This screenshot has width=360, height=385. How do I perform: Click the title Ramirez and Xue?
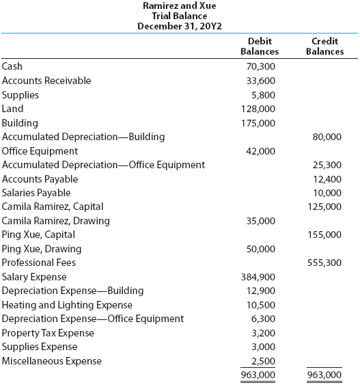click(x=180, y=5)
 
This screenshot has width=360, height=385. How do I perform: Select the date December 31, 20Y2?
click(x=180, y=26)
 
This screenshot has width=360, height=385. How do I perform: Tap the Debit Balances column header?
click(x=260, y=47)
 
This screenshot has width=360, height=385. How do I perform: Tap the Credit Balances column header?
click(x=325, y=47)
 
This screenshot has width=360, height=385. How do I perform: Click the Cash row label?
click(x=12, y=66)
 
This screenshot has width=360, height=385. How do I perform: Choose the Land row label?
click(x=13, y=109)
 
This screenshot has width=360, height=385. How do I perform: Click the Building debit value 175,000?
click(x=260, y=123)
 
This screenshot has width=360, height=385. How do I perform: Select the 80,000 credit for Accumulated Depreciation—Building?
click(x=327, y=137)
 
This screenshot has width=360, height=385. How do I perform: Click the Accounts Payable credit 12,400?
click(x=327, y=179)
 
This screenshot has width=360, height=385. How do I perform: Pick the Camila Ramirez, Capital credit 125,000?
click(x=325, y=207)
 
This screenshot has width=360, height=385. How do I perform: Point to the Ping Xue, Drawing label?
click(x=42, y=249)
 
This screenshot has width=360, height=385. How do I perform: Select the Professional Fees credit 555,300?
click(x=325, y=263)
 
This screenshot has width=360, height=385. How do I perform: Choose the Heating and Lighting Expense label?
click(x=67, y=305)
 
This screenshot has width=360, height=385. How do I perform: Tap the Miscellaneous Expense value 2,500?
click(x=264, y=361)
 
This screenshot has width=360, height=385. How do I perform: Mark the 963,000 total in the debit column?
click(x=260, y=375)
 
